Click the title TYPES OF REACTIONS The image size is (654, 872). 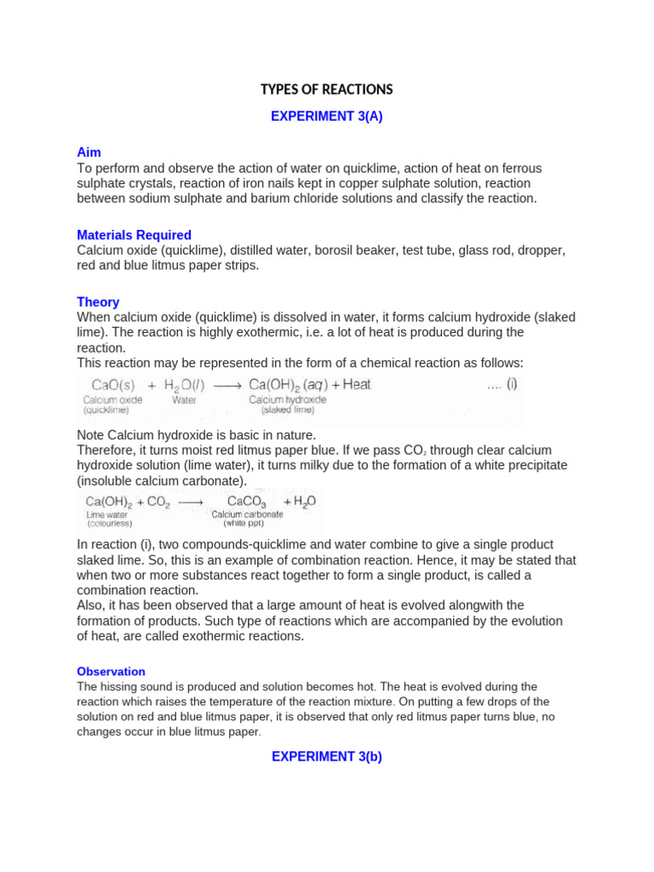[x=327, y=89]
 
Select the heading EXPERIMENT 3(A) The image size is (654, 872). [x=327, y=118]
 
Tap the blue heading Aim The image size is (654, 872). [x=89, y=152]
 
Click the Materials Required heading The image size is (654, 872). [x=134, y=235]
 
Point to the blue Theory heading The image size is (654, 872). [x=98, y=302]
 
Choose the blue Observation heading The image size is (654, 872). [x=111, y=671]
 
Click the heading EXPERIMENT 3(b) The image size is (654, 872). [x=327, y=756]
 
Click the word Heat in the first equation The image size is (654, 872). [x=357, y=384]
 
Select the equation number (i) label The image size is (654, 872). [x=511, y=384]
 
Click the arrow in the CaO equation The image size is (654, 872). [x=227, y=385]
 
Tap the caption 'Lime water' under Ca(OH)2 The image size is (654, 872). [x=106, y=514]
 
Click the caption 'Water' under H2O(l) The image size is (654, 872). [x=184, y=399]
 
